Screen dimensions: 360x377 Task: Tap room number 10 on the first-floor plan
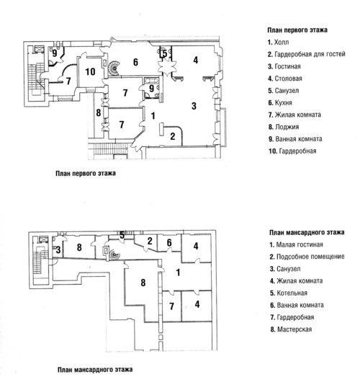pyautogui.click(x=90, y=71)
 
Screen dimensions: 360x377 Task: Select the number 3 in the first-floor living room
pyautogui.click(x=194, y=106)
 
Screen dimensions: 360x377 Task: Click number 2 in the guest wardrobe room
pyautogui.click(x=172, y=136)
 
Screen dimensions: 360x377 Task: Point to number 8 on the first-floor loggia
pyautogui.click(x=98, y=112)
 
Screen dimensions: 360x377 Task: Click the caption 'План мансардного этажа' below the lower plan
pyautogui.click(x=95, y=370)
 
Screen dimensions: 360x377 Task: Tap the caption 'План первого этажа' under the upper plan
pyautogui.click(x=86, y=173)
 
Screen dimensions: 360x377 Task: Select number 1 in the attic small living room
pyautogui.click(x=178, y=272)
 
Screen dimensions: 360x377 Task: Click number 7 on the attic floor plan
pyautogui.click(x=171, y=306)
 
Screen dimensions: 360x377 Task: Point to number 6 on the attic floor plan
pyautogui.click(x=169, y=243)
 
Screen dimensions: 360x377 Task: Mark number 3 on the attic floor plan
pyautogui.click(x=58, y=250)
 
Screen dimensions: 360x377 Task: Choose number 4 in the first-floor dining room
pyautogui.click(x=196, y=60)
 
